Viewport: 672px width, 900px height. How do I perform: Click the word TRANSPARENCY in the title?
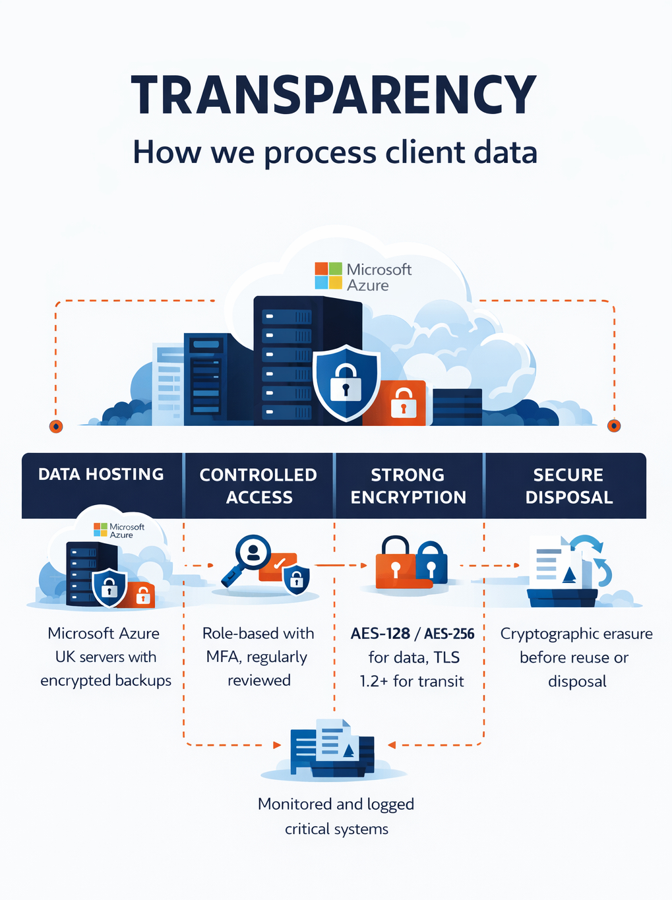334,96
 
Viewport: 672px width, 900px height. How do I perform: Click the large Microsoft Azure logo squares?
328,276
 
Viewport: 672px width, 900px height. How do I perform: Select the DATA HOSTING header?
101,474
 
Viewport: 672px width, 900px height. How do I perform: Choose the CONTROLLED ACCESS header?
259,486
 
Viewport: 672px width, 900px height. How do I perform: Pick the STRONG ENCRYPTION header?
408,486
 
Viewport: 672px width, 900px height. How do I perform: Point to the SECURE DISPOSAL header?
568,486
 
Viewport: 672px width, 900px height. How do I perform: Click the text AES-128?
381,634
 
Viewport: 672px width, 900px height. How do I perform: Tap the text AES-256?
449,634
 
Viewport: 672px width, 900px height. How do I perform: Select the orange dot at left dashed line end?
56,426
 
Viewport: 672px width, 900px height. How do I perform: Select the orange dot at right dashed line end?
614,425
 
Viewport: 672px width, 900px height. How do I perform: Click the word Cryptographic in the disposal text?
539,634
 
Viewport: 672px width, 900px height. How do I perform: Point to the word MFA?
222,657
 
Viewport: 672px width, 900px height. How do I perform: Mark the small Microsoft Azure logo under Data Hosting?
100,530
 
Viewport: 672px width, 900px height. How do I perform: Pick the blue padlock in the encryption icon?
431,562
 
